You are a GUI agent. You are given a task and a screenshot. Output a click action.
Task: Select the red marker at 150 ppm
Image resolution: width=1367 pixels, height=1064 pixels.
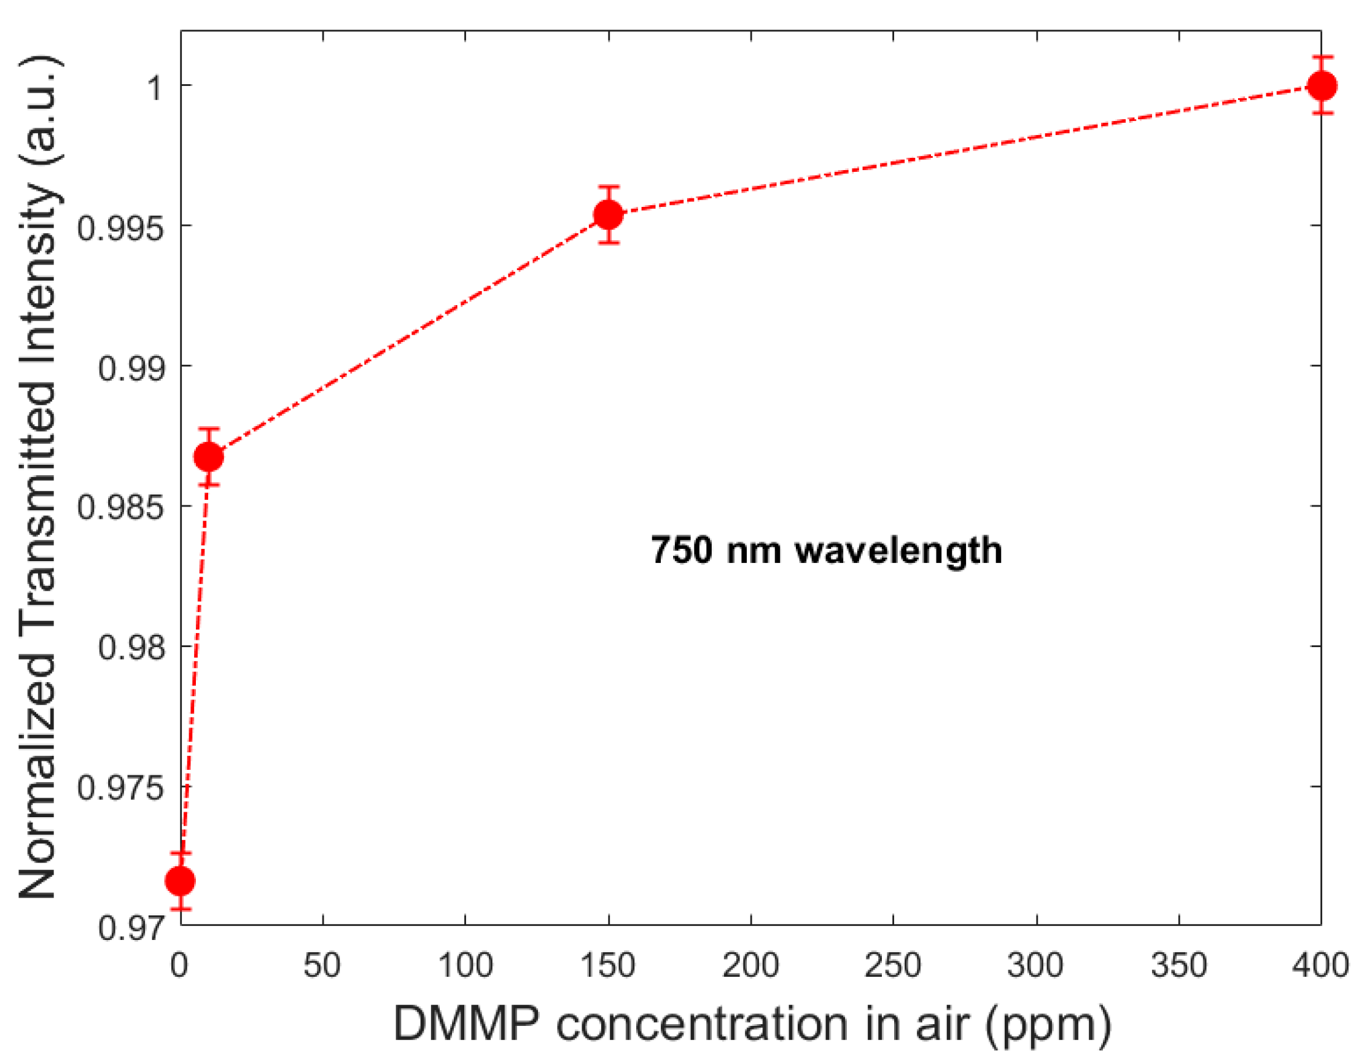click(x=609, y=215)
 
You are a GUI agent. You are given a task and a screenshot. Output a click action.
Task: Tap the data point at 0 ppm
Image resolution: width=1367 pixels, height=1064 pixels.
click(x=181, y=880)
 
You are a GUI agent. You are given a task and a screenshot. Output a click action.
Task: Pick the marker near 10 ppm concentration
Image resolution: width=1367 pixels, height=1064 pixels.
click(x=208, y=457)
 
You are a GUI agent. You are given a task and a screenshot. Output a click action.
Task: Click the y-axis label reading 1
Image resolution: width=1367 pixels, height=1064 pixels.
click(x=155, y=87)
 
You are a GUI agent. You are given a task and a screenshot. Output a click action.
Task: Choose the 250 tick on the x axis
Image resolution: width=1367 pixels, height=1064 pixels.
click(x=892, y=965)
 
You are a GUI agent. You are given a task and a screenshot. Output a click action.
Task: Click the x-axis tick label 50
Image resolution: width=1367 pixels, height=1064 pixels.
click(x=322, y=965)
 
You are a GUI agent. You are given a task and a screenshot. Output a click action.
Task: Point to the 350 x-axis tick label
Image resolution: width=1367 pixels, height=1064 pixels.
click(x=1178, y=965)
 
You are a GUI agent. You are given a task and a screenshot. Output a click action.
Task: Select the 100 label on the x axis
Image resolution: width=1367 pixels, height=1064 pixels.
click(x=465, y=965)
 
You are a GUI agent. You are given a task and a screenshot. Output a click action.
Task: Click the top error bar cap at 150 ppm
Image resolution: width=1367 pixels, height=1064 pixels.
click(x=609, y=187)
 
